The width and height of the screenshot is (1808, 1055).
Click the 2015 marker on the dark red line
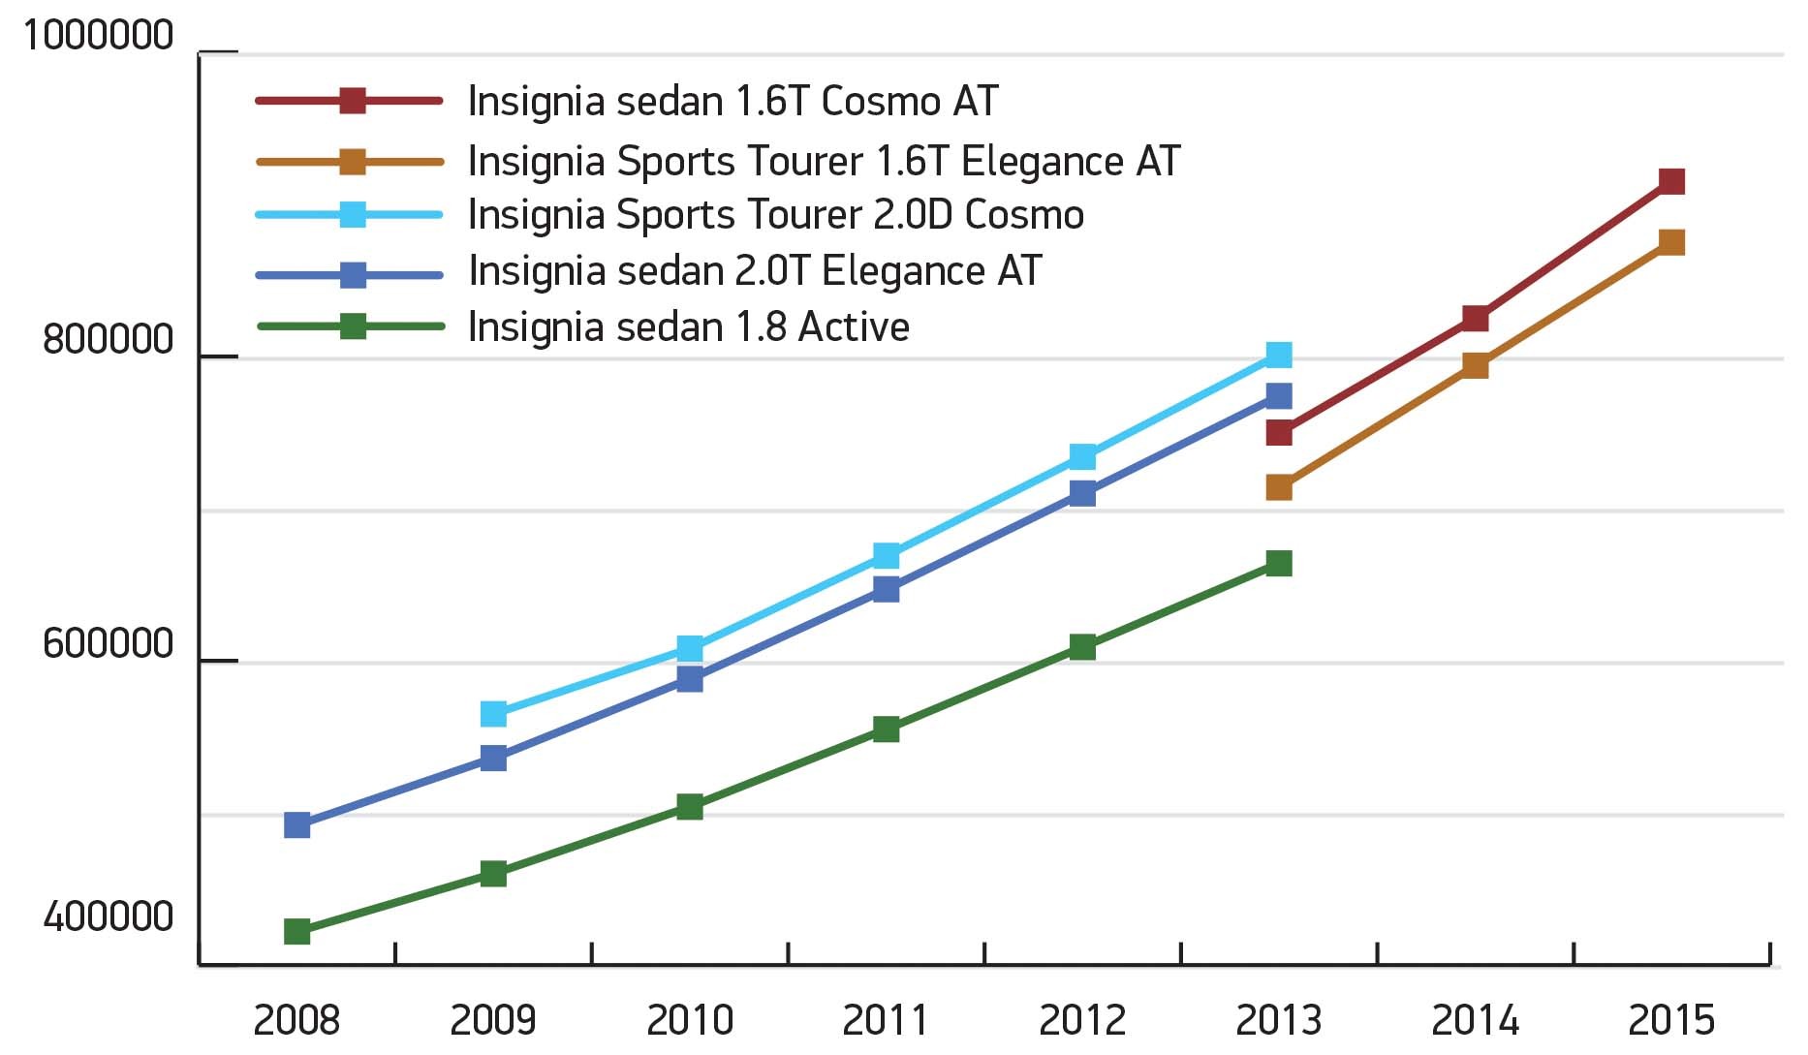pyautogui.click(x=1670, y=181)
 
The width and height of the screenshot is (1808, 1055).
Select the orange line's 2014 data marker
pyautogui.click(x=1474, y=365)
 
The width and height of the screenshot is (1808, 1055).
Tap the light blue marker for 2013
pyautogui.click(x=1278, y=355)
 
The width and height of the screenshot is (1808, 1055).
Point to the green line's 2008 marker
pyautogui.click(x=296, y=931)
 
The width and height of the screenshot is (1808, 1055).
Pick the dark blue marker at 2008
pyautogui.click(x=296, y=825)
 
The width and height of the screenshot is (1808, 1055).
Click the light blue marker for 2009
pyautogui.click(x=493, y=714)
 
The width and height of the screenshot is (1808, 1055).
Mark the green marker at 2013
pyautogui.click(x=1278, y=563)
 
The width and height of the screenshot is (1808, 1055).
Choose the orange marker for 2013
pyautogui.click(x=1278, y=487)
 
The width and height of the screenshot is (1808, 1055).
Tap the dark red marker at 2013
pyautogui.click(x=1278, y=432)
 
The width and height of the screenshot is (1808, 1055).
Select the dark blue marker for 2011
pyautogui.click(x=886, y=589)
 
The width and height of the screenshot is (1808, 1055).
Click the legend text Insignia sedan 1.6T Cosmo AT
pyautogui.click(x=733, y=102)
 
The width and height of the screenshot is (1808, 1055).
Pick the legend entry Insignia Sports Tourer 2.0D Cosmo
pyautogui.click(x=775, y=215)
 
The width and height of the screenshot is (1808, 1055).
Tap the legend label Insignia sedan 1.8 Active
pyautogui.click(x=688, y=327)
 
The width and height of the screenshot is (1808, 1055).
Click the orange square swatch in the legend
pyautogui.click(x=353, y=161)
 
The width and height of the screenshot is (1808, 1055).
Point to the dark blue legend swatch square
pyautogui.click(x=353, y=275)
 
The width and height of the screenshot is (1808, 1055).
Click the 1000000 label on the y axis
pyautogui.click(x=98, y=36)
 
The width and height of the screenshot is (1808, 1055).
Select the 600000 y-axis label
pyautogui.click(x=108, y=644)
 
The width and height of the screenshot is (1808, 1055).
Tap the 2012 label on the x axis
pyautogui.click(x=1081, y=1020)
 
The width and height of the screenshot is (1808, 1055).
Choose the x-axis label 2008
pyautogui.click(x=296, y=1020)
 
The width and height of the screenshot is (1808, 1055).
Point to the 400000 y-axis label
pyautogui.click(x=108, y=916)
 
